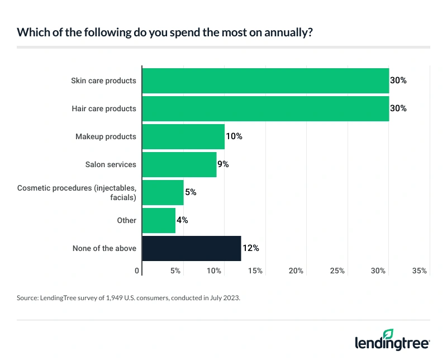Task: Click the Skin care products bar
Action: pyautogui.click(x=265, y=80)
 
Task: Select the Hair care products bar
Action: pyautogui.click(x=265, y=108)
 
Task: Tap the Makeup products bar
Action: pyautogui.click(x=183, y=136)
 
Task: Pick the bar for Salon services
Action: pyautogui.click(x=179, y=164)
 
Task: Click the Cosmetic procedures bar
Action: pyautogui.click(x=163, y=192)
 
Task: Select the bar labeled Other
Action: pyautogui.click(x=159, y=220)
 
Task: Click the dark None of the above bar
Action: pyautogui.click(x=192, y=248)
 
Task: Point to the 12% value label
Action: pyautogui.click(x=251, y=248)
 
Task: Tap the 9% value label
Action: pyautogui.click(x=223, y=164)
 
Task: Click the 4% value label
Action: pyautogui.click(x=182, y=220)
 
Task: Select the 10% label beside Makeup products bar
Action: pyautogui.click(x=234, y=136)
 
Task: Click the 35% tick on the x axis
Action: pyautogui.click(x=419, y=271)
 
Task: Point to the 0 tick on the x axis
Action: pyautogui.click(x=137, y=271)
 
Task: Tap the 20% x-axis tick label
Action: pyautogui.click(x=296, y=271)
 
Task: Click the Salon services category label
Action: pyautogui.click(x=111, y=164)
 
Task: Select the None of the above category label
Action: pyautogui.click(x=104, y=248)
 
